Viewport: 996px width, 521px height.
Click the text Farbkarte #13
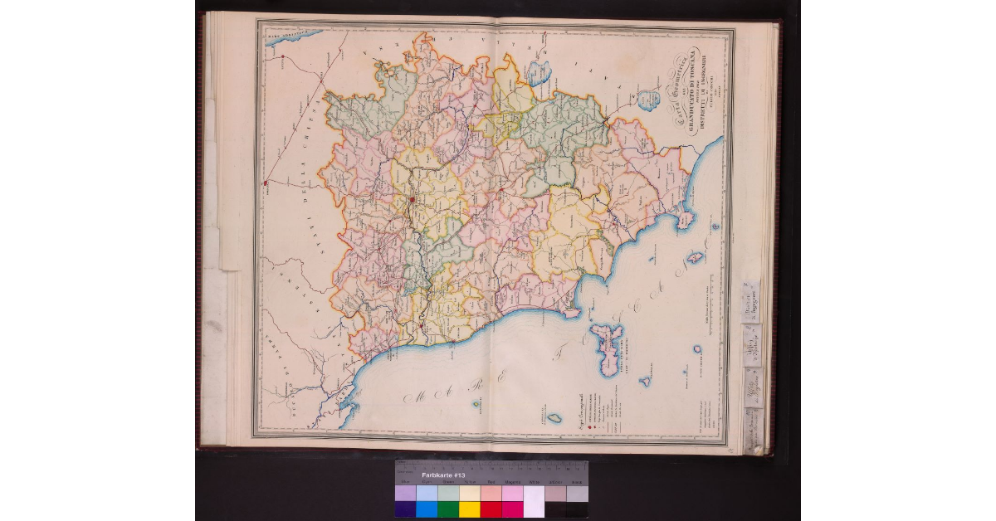click(x=441, y=475)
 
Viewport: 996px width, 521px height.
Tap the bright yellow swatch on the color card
click(x=470, y=509)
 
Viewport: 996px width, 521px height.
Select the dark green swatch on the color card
click(x=448, y=509)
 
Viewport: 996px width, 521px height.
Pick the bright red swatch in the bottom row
click(x=491, y=509)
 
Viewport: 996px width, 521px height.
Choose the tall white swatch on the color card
click(x=534, y=501)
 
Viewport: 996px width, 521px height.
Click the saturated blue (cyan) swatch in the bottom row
click(x=427, y=509)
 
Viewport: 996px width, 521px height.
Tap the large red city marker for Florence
click(x=412, y=200)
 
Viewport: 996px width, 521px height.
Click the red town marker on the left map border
click(x=265, y=183)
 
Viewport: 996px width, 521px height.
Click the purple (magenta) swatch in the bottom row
click(x=512, y=509)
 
